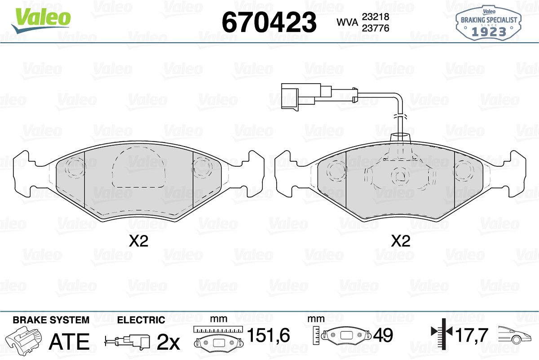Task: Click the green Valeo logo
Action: click(x=41, y=21)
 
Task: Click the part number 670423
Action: click(x=269, y=22)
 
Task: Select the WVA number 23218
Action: click(x=376, y=17)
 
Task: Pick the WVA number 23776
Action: click(x=376, y=28)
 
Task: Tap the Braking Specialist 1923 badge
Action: click(x=489, y=23)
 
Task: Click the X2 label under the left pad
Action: click(x=138, y=241)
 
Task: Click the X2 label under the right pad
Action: click(x=400, y=241)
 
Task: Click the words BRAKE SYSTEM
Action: click(x=51, y=320)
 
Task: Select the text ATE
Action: click(x=69, y=342)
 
